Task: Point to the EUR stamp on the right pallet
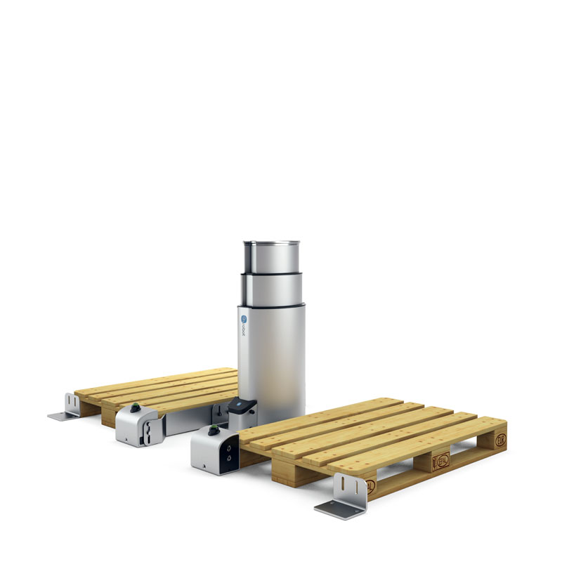point(499,441)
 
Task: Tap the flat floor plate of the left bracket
point(62,417)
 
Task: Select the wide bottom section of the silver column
point(272,358)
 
